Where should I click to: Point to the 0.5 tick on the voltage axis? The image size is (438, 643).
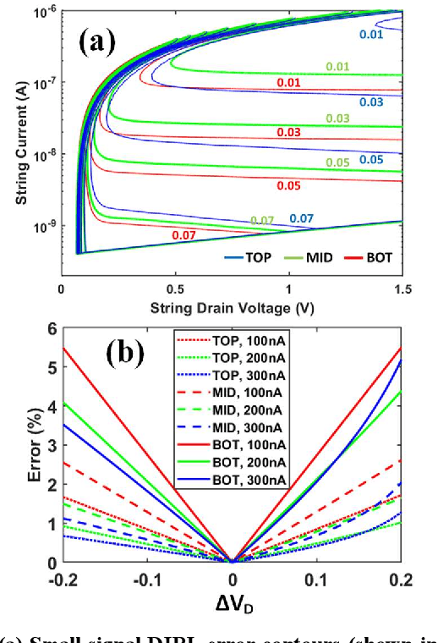click(175, 289)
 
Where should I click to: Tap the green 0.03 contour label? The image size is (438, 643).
click(336, 118)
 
